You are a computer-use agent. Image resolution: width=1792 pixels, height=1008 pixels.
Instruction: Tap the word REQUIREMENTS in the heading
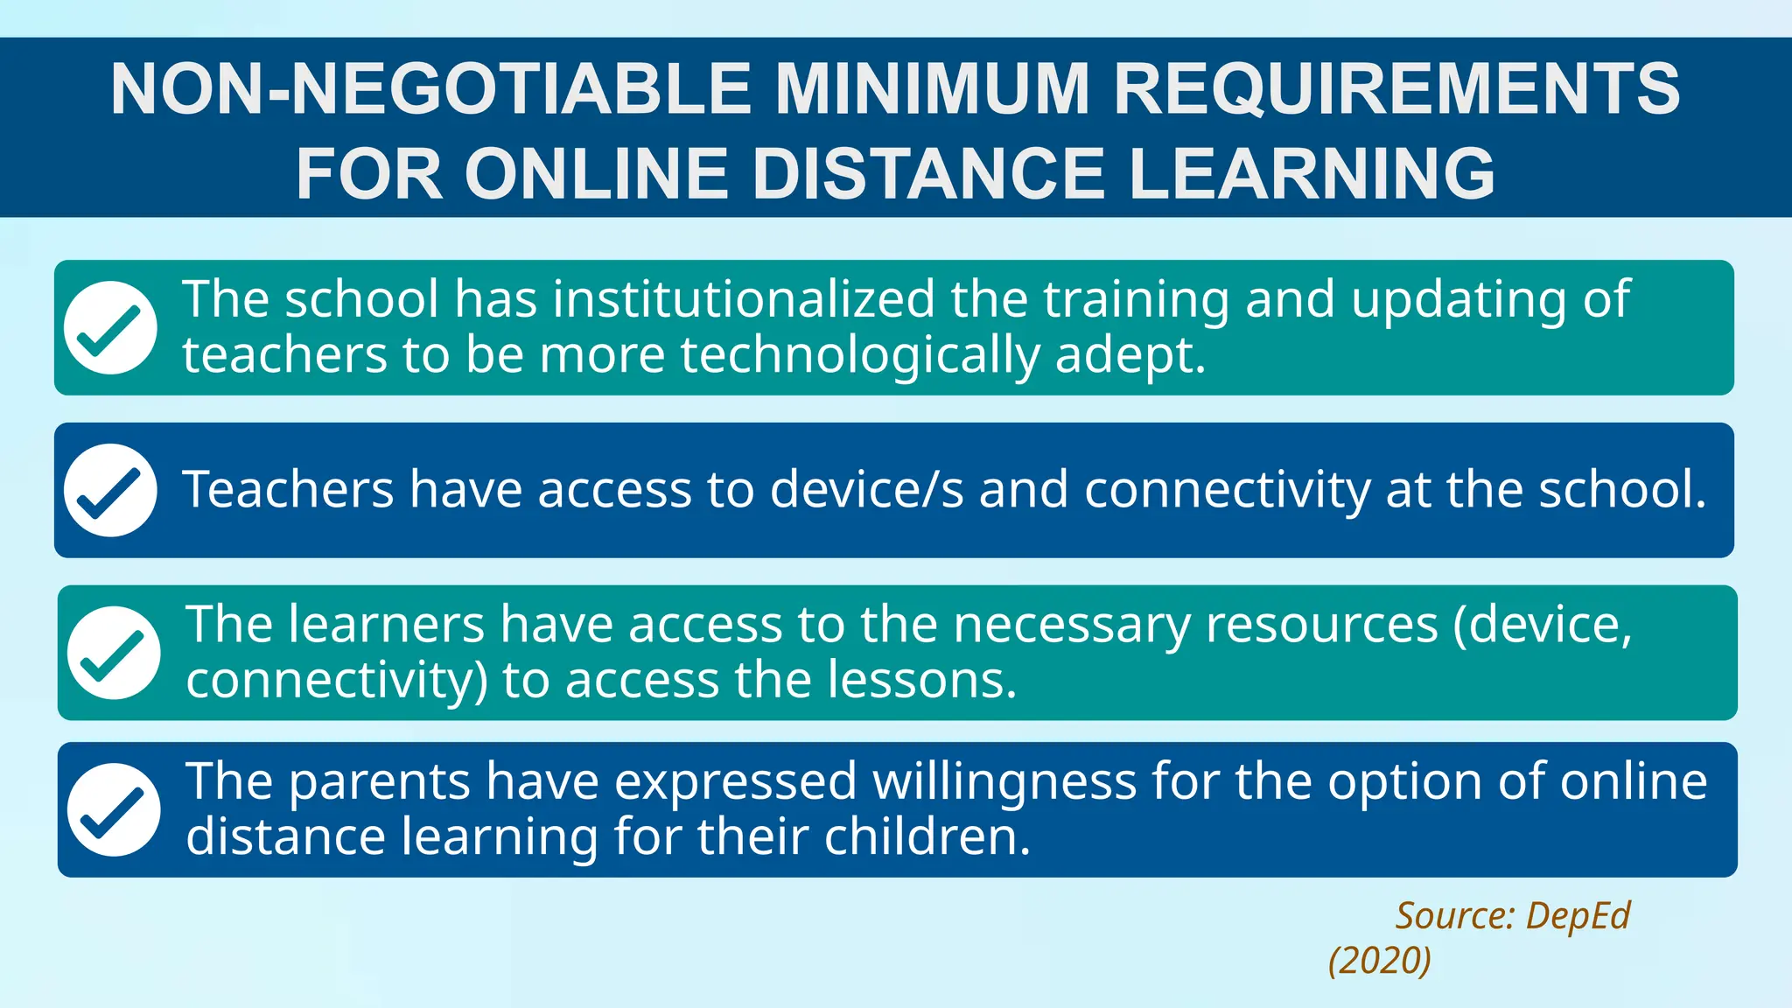pyautogui.click(x=1396, y=89)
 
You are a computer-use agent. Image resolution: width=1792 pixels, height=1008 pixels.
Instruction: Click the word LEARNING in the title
pyautogui.click(x=1312, y=173)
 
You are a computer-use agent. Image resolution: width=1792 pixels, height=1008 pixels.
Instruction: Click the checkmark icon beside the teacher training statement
pyautogui.click(x=110, y=327)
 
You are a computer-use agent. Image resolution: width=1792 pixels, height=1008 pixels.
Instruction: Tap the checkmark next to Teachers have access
pyautogui.click(x=110, y=490)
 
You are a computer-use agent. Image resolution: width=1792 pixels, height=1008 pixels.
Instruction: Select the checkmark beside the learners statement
pyautogui.click(x=114, y=653)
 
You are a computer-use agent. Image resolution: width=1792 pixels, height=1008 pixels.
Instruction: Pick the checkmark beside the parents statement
pyautogui.click(x=114, y=809)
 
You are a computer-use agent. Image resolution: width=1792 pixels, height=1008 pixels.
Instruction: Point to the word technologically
pyautogui.click(x=860, y=355)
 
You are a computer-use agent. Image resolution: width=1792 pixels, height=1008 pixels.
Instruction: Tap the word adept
pyautogui.click(x=1130, y=355)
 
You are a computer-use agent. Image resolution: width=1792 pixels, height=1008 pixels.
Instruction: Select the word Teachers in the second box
pyautogui.click(x=288, y=489)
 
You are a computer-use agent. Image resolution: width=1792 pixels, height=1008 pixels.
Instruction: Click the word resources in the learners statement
pyautogui.click(x=1321, y=625)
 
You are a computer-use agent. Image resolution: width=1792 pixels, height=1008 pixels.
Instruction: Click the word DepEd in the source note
pyautogui.click(x=1578, y=916)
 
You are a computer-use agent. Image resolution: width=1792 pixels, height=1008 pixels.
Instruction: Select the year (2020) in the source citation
pyautogui.click(x=1379, y=961)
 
